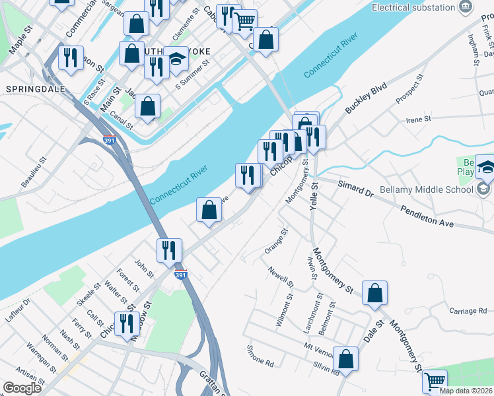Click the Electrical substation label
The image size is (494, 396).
pos(413,7)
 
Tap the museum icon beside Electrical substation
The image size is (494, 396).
pos(466,7)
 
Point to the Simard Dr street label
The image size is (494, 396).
pos(355,188)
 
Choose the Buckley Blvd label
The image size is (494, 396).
pos(365,104)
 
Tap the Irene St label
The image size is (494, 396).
pos(418,119)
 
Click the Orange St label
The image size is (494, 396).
pos(277,241)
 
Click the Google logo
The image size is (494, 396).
pos(22,388)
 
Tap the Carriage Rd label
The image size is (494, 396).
pos(468,311)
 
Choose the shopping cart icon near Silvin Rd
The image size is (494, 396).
pos(434,381)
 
